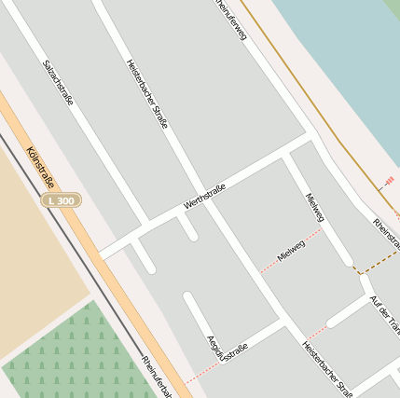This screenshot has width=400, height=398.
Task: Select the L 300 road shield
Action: (62, 200)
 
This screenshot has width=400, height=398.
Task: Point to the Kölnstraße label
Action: (40, 167)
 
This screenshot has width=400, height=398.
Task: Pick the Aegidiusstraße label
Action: (227, 350)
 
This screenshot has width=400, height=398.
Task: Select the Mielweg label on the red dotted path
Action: (292, 251)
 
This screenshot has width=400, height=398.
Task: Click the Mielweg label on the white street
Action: (315, 207)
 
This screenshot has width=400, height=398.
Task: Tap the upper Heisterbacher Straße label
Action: (146, 93)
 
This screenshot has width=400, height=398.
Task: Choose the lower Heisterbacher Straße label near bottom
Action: (326, 368)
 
